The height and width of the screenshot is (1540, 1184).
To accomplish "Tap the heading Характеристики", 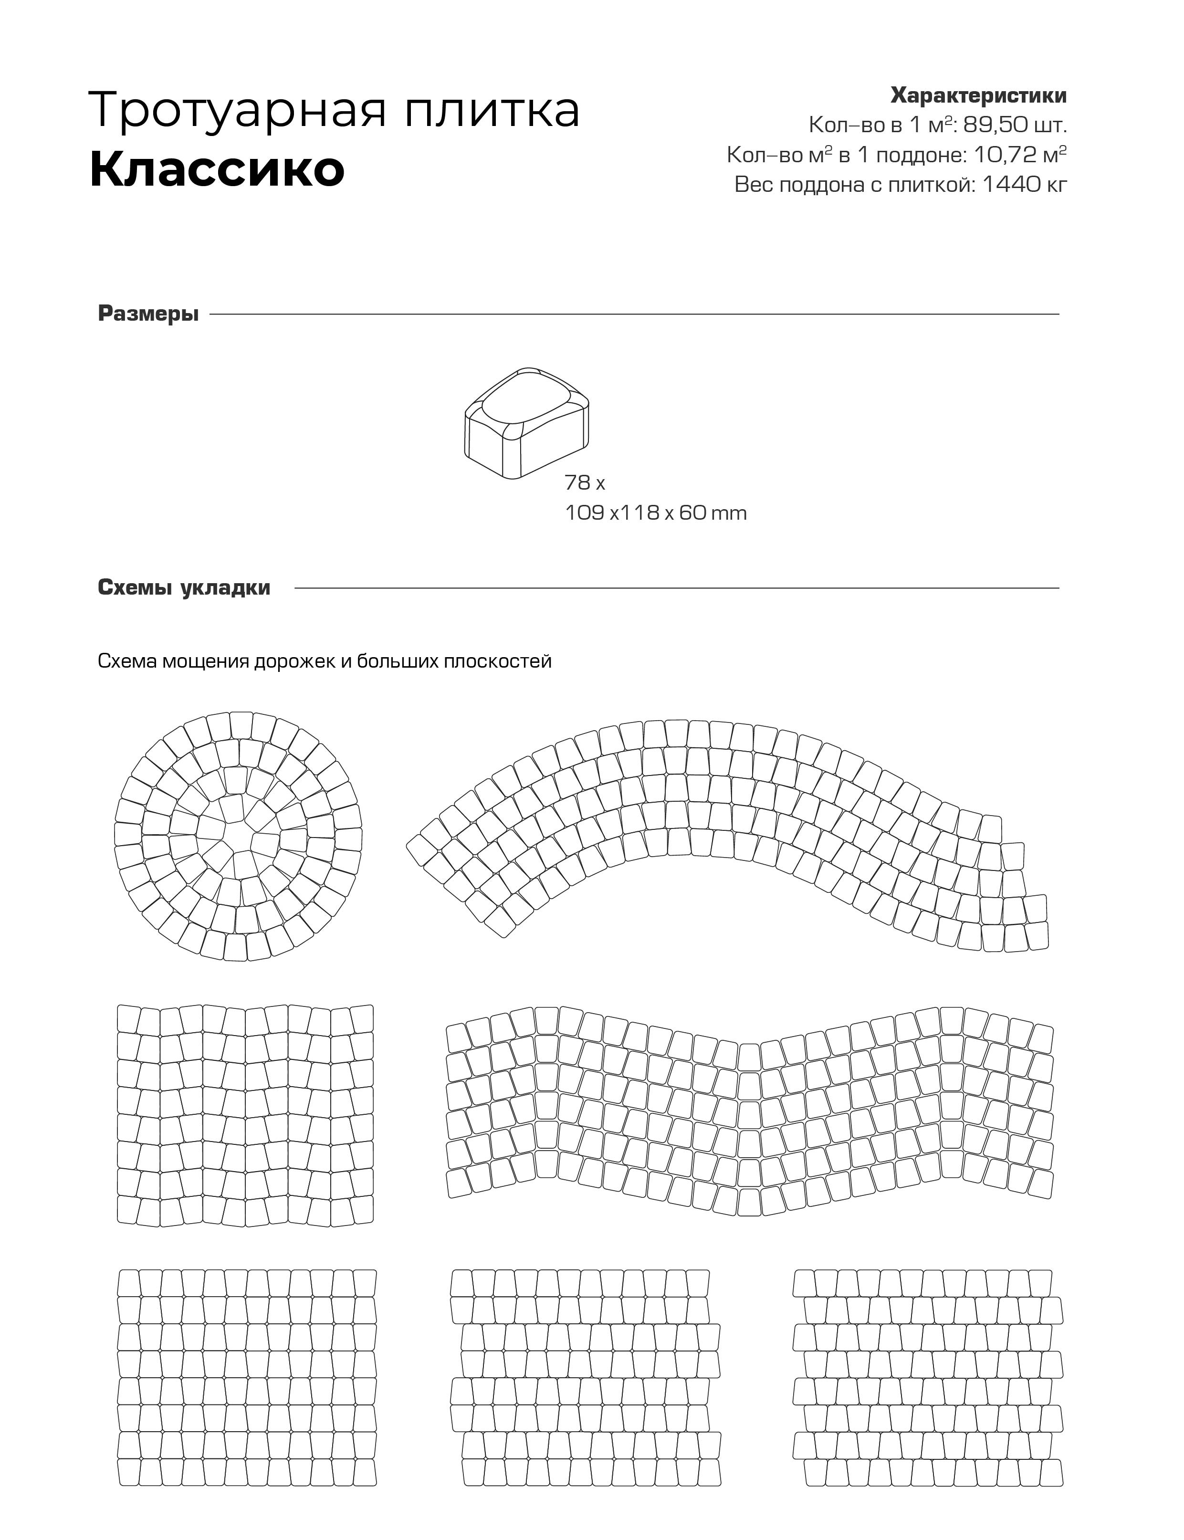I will [978, 95].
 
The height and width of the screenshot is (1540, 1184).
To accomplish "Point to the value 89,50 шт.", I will [1015, 126].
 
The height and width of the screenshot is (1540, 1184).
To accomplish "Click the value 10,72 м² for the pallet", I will [1020, 155].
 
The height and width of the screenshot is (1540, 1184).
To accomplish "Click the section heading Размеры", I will [148, 314].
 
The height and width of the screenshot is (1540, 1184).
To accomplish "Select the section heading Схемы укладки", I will [184, 588].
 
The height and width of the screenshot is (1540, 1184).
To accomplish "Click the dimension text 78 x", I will [584, 483].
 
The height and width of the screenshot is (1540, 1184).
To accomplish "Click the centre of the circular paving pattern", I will [238, 837].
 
